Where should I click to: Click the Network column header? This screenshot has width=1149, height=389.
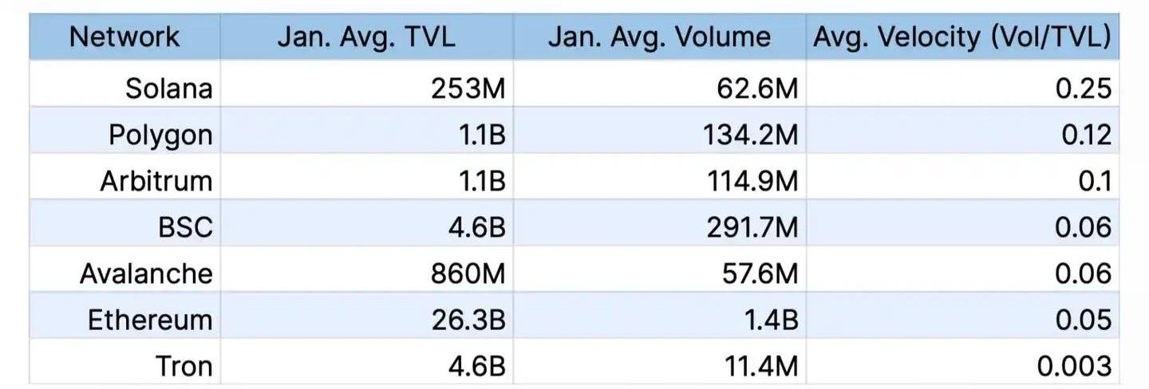(124, 37)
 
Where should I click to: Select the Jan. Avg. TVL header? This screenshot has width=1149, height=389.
(366, 37)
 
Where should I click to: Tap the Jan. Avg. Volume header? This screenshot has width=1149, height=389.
(659, 37)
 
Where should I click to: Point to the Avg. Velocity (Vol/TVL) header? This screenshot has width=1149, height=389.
(961, 37)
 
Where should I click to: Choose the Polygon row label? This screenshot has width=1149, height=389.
(161, 135)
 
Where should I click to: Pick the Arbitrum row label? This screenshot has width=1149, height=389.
(156, 181)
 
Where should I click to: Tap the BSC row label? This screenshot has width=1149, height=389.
(186, 227)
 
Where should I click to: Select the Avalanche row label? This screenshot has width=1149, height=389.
(147, 273)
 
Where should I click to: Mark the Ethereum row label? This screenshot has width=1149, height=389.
(150, 320)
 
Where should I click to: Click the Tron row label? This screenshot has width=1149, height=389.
(184, 366)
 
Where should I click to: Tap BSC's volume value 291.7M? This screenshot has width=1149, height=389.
(752, 227)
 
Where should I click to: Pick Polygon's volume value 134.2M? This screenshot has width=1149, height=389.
(752, 135)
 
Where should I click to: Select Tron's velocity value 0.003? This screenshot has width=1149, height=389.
(1074, 366)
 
